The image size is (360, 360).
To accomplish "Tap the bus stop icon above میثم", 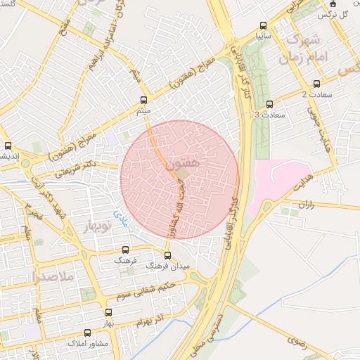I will tap(144, 100).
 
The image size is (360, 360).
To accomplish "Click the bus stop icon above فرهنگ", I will tap(126, 250).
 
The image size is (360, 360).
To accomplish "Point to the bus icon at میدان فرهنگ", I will tap(167, 255).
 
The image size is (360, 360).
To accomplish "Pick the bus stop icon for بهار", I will tap(108, 312).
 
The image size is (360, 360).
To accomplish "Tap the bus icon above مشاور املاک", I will tap(87, 333).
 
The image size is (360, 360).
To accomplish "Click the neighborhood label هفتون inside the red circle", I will tap(184, 163).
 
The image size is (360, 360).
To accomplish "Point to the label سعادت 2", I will tap(314, 94).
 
